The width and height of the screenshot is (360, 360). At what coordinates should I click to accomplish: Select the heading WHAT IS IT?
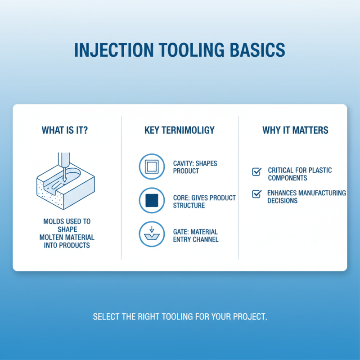(65, 130)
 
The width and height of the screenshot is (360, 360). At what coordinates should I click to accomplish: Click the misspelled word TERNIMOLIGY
(195, 130)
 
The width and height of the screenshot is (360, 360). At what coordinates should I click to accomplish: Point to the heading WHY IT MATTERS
(295, 130)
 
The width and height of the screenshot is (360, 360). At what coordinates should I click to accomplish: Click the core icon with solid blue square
(152, 200)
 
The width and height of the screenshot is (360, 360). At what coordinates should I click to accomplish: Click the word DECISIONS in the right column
(282, 201)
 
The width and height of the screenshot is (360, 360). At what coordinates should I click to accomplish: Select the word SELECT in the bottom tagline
(106, 317)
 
